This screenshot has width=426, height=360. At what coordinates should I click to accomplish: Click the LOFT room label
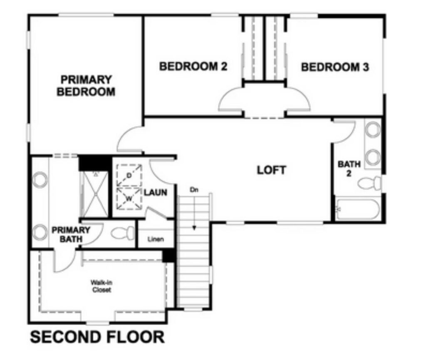(x=271, y=170)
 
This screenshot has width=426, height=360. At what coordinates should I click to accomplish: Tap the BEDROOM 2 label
(x=193, y=66)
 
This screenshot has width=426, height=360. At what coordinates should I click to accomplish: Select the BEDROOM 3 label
(x=335, y=67)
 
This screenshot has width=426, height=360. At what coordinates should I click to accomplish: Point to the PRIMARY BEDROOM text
(x=86, y=86)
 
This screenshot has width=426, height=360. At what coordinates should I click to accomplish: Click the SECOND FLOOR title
(x=97, y=337)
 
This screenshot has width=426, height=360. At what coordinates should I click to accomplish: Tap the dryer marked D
(x=129, y=175)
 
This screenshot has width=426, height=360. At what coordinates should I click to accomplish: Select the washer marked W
(x=129, y=199)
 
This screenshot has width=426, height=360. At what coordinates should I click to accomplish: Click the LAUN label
(x=156, y=193)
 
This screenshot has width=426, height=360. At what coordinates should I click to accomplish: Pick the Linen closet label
(x=156, y=239)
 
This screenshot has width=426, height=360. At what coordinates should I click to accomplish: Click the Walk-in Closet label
(x=102, y=286)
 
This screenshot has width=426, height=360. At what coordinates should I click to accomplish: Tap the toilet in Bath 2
(x=369, y=183)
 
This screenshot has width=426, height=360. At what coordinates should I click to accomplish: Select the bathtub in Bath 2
(x=357, y=209)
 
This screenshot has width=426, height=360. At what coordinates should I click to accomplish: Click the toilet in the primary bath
(x=123, y=233)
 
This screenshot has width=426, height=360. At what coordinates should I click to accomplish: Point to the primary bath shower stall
(x=95, y=194)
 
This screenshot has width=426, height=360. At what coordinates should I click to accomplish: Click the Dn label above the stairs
(x=194, y=190)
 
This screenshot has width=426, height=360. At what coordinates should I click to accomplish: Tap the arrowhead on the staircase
(x=194, y=228)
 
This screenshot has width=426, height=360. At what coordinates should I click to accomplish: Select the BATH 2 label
(x=349, y=169)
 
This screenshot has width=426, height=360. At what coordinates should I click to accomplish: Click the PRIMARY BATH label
(x=71, y=234)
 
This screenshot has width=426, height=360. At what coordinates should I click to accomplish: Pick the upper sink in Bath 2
(x=373, y=129)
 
